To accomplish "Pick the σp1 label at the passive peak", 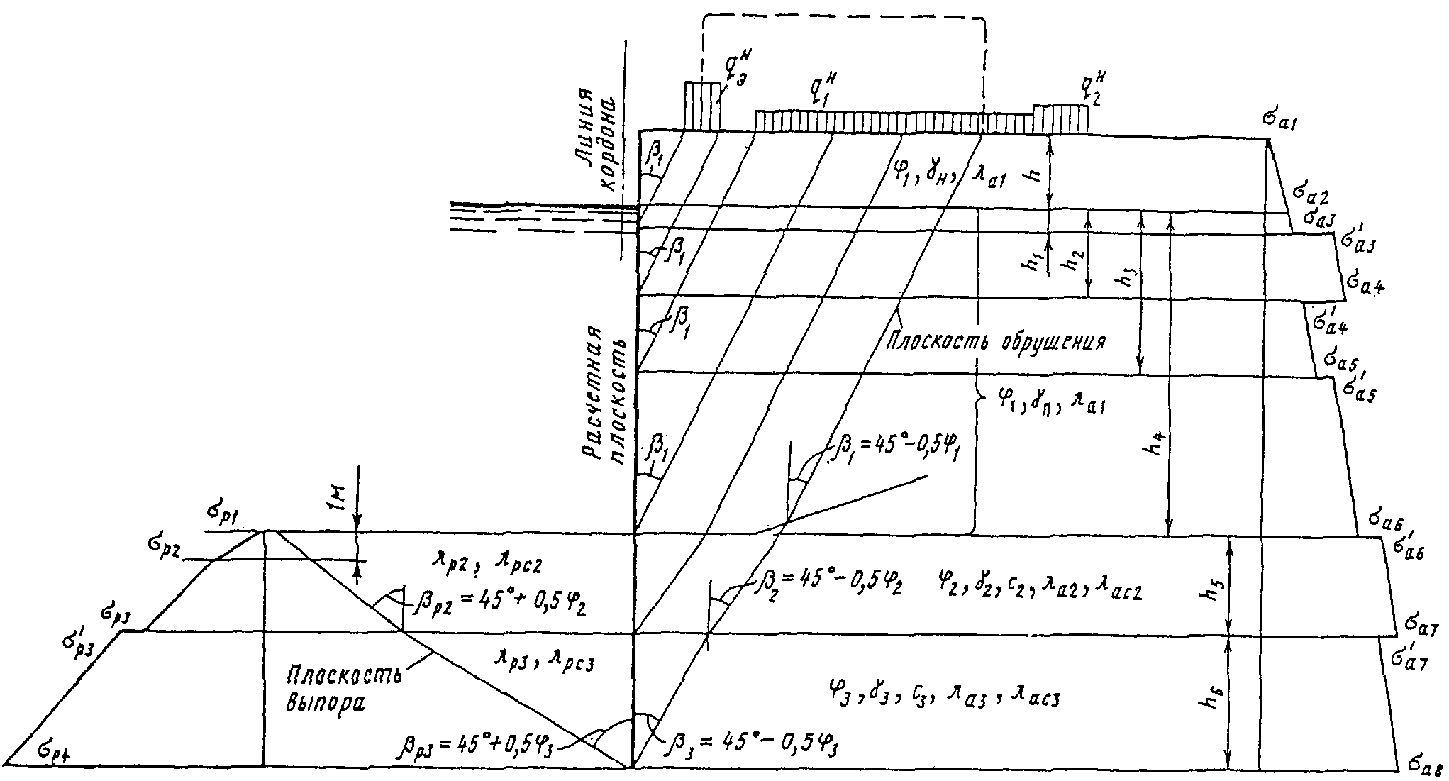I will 220,516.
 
